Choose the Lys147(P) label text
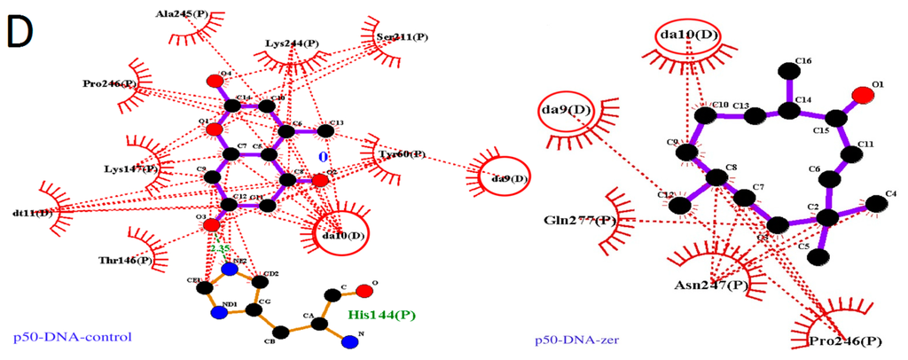[x=130, y=168]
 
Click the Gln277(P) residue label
[x=581, y=220]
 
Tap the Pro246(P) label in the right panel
[x=845, y=340]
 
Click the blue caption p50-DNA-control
[x=72, y=337]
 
